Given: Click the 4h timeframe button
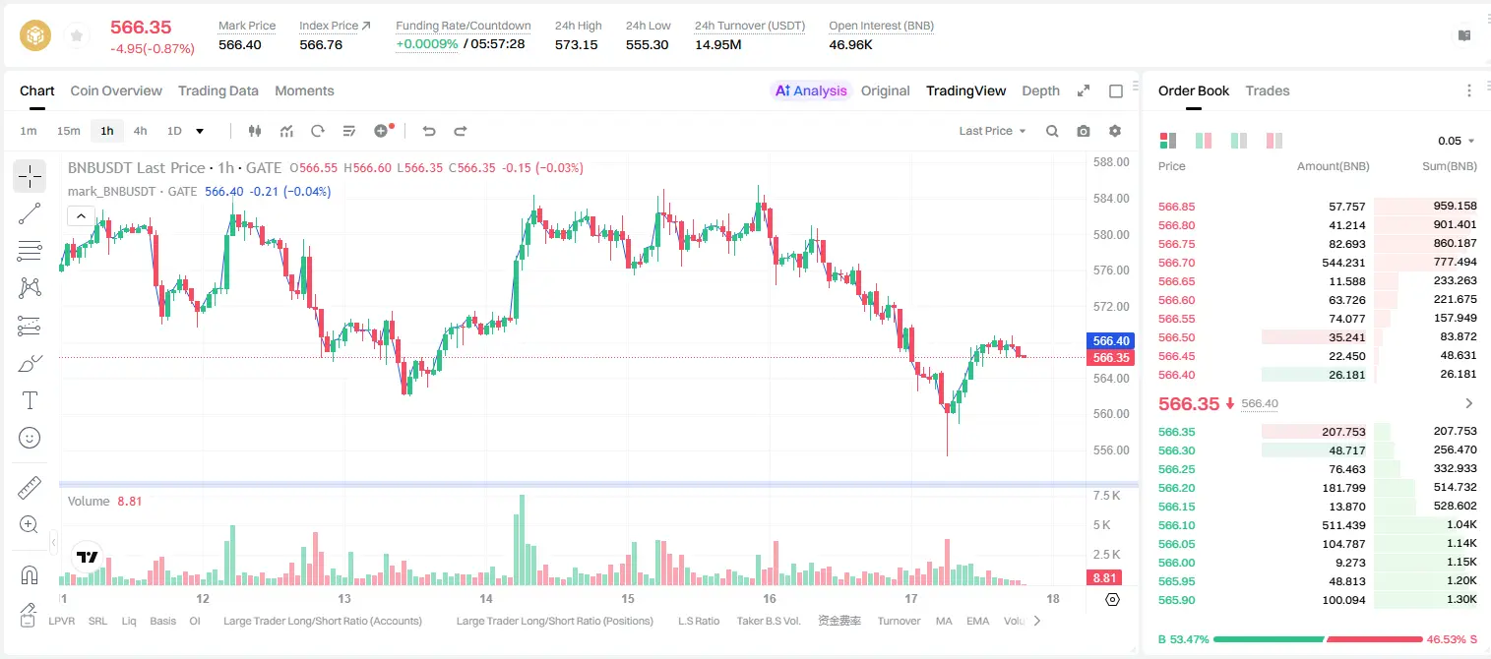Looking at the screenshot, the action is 140,131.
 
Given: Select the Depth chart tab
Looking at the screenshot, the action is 1040,91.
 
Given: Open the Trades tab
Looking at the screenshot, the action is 1268,91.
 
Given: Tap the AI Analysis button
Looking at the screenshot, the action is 811,91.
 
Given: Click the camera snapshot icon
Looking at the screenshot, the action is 1084,131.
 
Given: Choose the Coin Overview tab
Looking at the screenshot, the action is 116,91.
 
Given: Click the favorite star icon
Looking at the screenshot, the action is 77,35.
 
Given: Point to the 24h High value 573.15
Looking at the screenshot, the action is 577,44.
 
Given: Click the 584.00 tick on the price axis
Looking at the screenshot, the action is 1111,198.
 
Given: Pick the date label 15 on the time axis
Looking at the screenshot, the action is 628,598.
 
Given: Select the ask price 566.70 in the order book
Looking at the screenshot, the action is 1176,263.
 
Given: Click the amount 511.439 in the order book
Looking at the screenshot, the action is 1343,525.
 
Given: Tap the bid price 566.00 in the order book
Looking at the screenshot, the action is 1176,563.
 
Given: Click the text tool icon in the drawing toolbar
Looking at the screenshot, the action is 30,400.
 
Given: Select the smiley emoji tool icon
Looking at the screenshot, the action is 30,438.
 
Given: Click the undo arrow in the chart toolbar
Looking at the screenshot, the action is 429,131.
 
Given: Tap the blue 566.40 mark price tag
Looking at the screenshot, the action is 1111,340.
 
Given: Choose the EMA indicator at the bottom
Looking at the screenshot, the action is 977,621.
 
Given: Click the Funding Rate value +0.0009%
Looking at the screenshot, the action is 427,44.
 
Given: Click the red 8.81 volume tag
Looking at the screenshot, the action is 1104,578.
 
